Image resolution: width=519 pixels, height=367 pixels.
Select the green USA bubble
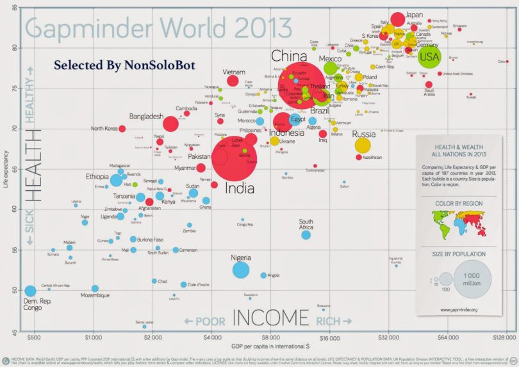[430, 56]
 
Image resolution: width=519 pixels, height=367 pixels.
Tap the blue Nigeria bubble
[241, 270]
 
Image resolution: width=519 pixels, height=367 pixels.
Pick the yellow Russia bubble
[363, 145]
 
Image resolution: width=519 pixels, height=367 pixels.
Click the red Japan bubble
[398, 19]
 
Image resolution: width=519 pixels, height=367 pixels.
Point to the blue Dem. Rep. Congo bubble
[30, 291]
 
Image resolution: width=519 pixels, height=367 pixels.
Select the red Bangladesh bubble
[170, 124]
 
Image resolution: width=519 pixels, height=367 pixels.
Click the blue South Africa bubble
[306, 234]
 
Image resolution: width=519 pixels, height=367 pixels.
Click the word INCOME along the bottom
[270, 318]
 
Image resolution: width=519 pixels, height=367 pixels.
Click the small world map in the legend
[459, 225]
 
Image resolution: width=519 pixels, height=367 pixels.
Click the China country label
[289, 56]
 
